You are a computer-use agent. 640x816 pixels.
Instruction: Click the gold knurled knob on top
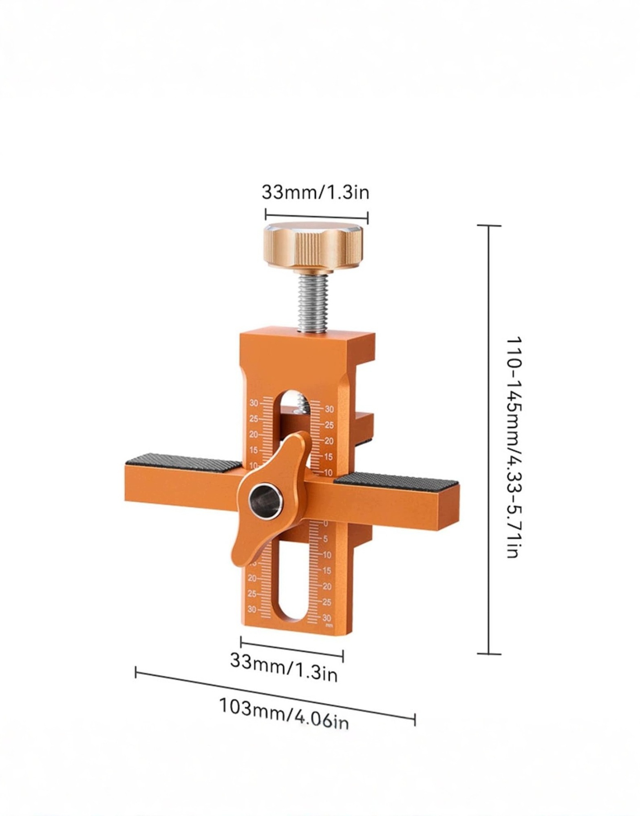click(x=312, y=247)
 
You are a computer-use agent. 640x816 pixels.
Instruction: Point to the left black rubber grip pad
click(x=183, y=463)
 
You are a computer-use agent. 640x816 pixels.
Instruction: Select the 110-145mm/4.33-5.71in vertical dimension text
click(x=512, y=447)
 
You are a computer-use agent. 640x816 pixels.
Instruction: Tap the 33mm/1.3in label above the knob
click(x=315, y=191)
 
